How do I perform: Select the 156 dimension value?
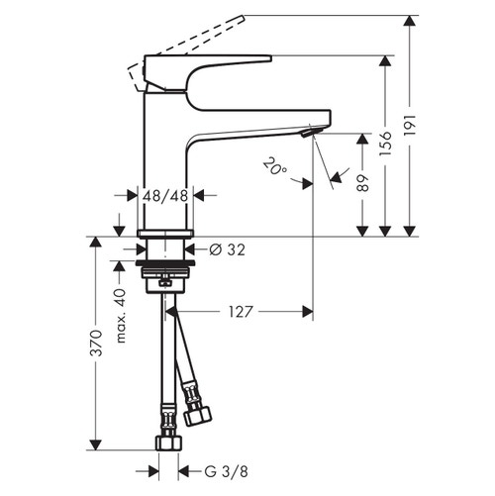coord(397,143)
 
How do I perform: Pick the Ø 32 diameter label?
coord(229,249)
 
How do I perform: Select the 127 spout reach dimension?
coord(241,311)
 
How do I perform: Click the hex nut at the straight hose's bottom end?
coord(169,441)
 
